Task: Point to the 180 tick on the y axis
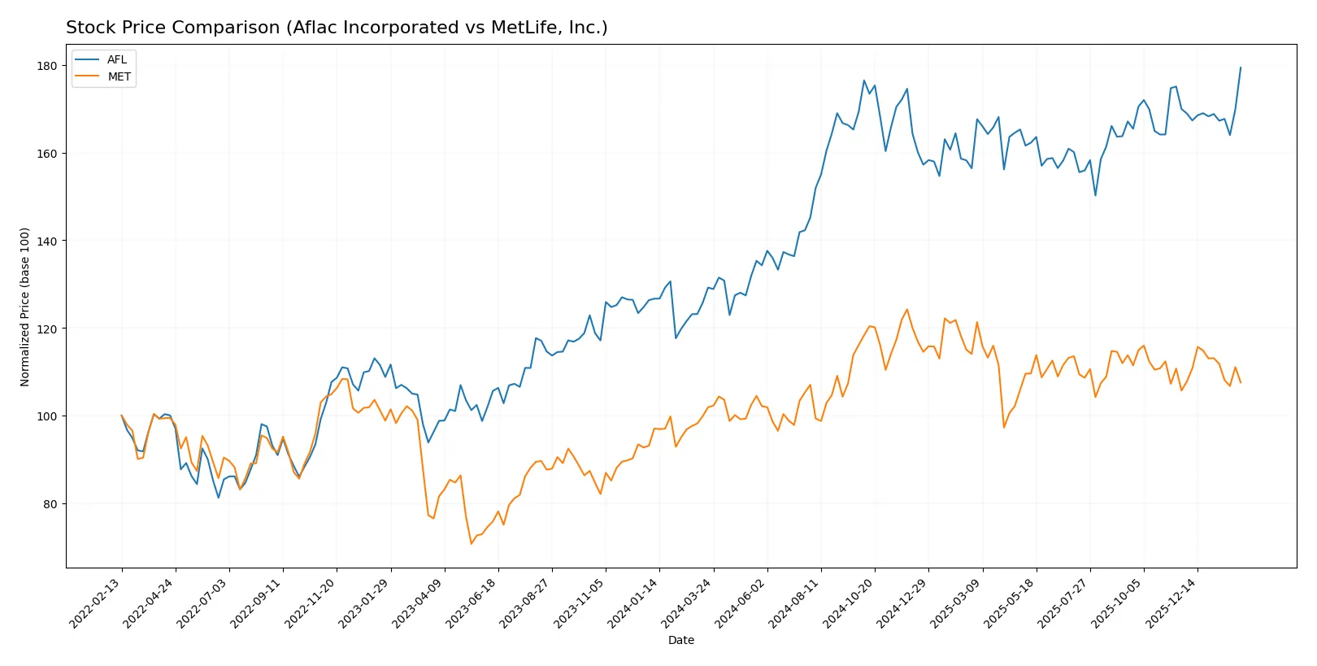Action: [x=47, y=66]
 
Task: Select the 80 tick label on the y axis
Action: [x=50, y=504]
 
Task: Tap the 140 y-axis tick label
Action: [x=47, y=242]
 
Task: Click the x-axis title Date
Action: [x=680, y=641]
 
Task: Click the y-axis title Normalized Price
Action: [x=25, y=307]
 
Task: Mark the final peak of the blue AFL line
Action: [x=1241, y=67]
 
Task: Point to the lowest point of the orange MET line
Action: [x=471, y=543]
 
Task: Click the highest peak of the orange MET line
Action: [x=907, y=309]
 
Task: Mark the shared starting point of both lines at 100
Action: [x=122, y=416]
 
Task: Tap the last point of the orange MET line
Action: [x=1241, y=382]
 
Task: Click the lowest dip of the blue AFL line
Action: [x=219, y=498]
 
